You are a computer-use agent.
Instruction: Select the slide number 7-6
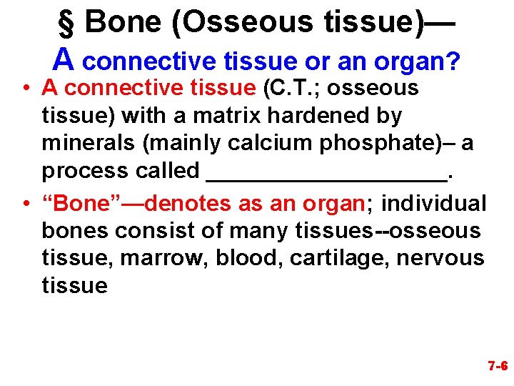498,366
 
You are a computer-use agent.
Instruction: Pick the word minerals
90,143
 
